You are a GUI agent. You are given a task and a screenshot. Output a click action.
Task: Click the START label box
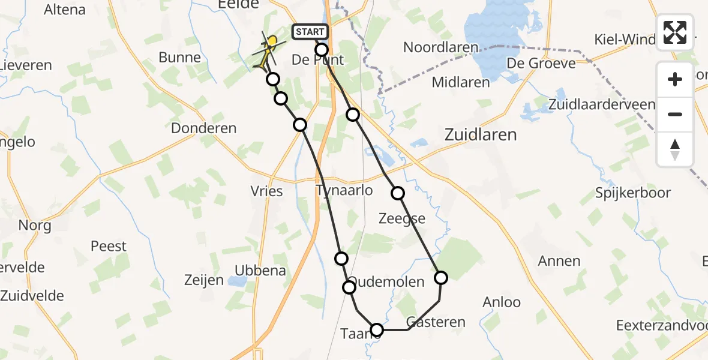(310, 32)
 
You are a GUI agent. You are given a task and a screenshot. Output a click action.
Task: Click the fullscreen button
(675, 32)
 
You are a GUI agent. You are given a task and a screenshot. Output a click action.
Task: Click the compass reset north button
(675, 149)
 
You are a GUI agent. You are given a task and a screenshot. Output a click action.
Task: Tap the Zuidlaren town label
(481, 135)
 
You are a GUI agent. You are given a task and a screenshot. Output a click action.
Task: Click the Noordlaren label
(441, 47)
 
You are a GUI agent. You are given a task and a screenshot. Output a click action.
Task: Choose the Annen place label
(559, 261)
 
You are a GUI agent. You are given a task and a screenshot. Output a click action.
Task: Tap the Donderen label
(204, 128)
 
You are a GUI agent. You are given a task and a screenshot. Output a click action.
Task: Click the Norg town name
(35, 226)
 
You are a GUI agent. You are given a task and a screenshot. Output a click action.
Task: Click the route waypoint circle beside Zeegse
(398, 193)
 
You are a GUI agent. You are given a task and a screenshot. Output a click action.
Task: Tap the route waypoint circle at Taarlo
(377, 330)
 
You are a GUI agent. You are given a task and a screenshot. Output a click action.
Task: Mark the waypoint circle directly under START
(322, 50)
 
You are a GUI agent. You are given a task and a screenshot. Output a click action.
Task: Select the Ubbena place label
(260, 271)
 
